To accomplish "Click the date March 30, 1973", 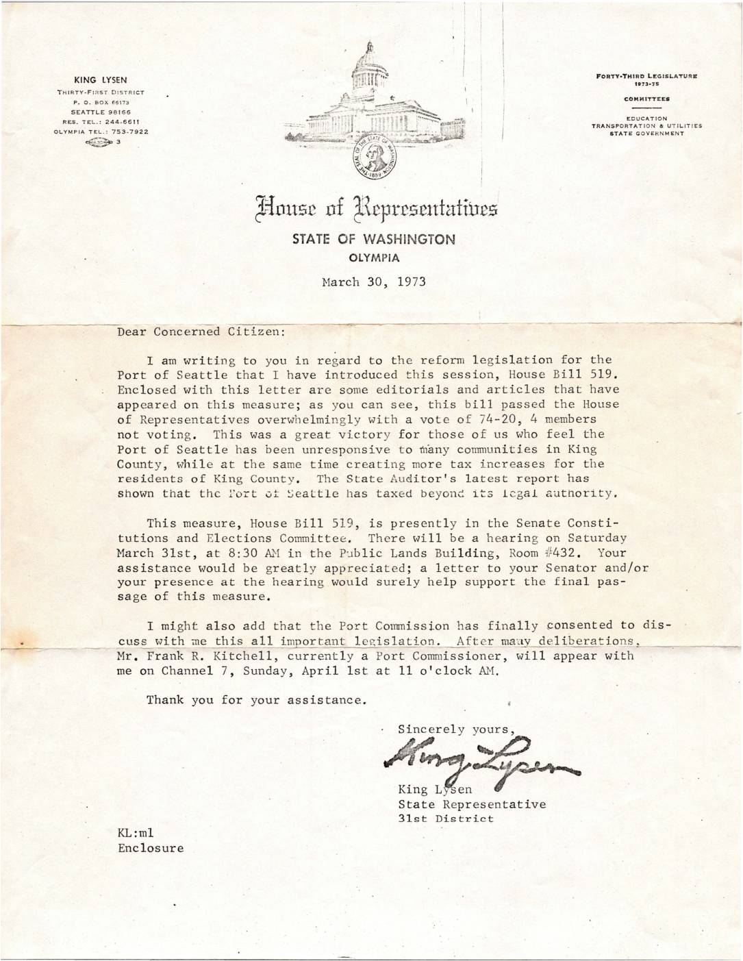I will (374, 281).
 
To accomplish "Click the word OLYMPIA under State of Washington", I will (374, 258).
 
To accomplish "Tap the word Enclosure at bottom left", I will (151, 848).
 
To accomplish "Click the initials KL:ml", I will (136, 833).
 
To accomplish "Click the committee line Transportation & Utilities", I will (646, 126).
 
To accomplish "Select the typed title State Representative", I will (472, 804).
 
